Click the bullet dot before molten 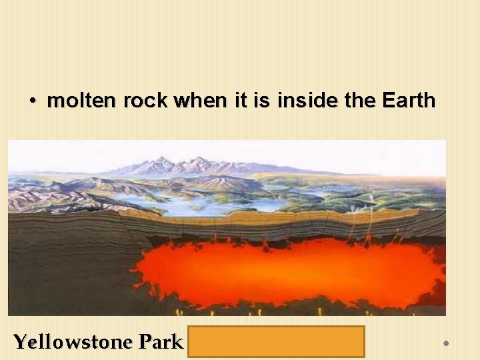pyautogui.click(x=32, y=102)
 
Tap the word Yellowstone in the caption pyautogui.click(x=73, y=342)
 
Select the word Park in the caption pyautogui.click(x=161, y=342)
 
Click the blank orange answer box pyautogui.click(x=276, y=341)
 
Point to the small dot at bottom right pyautogui.click(x=446, y=343)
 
